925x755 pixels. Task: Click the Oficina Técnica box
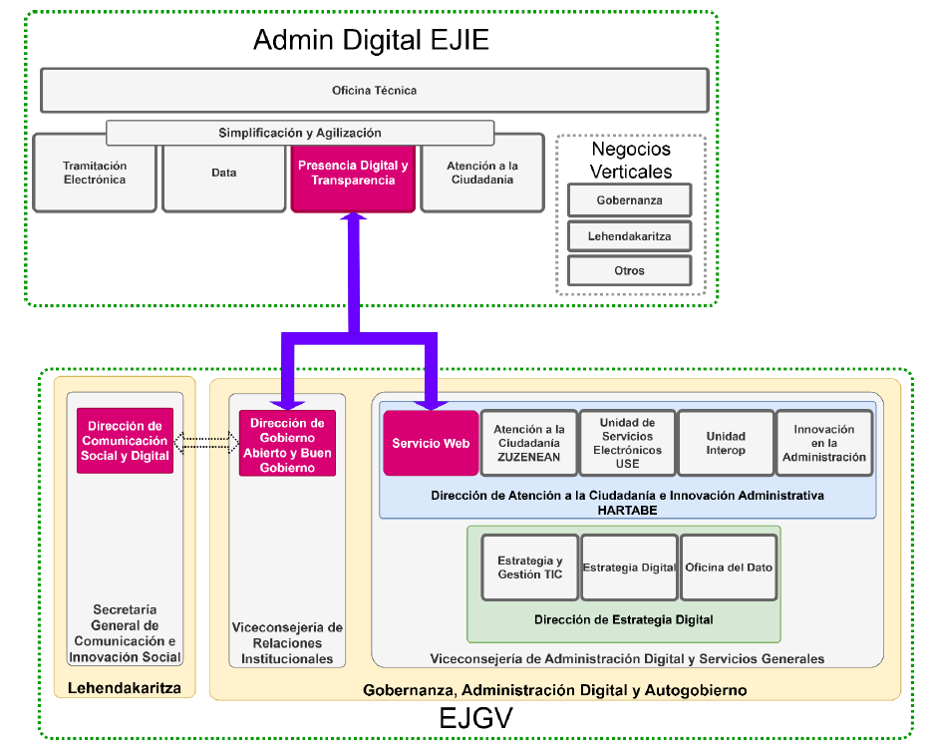tap(374, 91)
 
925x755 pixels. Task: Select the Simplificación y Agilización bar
tap(300, 133)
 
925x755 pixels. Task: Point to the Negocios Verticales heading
tap(631, 161)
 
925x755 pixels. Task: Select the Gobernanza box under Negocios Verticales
tap(629, 200)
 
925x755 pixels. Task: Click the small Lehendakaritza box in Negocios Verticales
tap(629, 236)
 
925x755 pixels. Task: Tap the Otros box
tap(629, 270)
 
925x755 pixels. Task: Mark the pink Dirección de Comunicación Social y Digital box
tap(126, 441)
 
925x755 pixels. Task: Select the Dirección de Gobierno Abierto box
tap(287, 443)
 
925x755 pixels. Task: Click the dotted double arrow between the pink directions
tap(206, 441)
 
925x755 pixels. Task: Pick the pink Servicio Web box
tap(431, 443)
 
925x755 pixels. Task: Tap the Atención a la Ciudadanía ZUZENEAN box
tap(528, 443)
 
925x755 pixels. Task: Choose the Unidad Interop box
tap(726, 443)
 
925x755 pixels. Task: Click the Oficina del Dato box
tap(729, 567)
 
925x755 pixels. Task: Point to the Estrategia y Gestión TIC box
tap(529, 567)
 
